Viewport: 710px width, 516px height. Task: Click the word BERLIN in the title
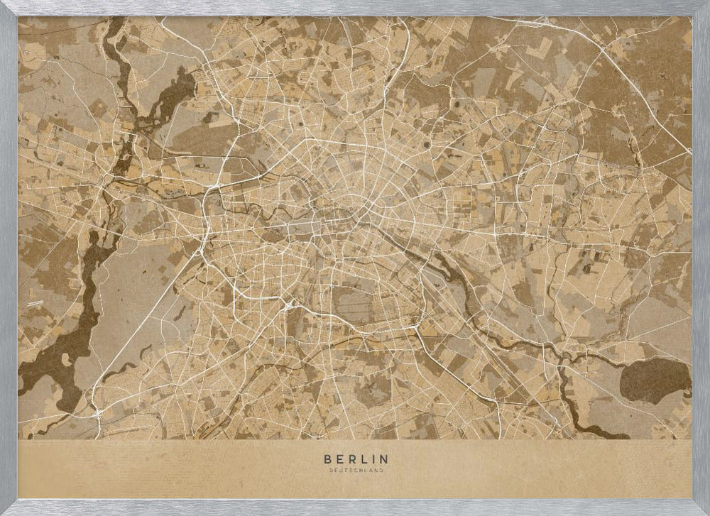pyautogui.click(x=355, y=459)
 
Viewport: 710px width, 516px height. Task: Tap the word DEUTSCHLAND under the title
pyautogui.click(x=355, y=470)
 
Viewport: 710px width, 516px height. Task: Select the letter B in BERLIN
pyautogui.click(x=327, y=459)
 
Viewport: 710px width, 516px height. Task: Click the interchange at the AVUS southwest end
pyautogui.click(x=95, y=410)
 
